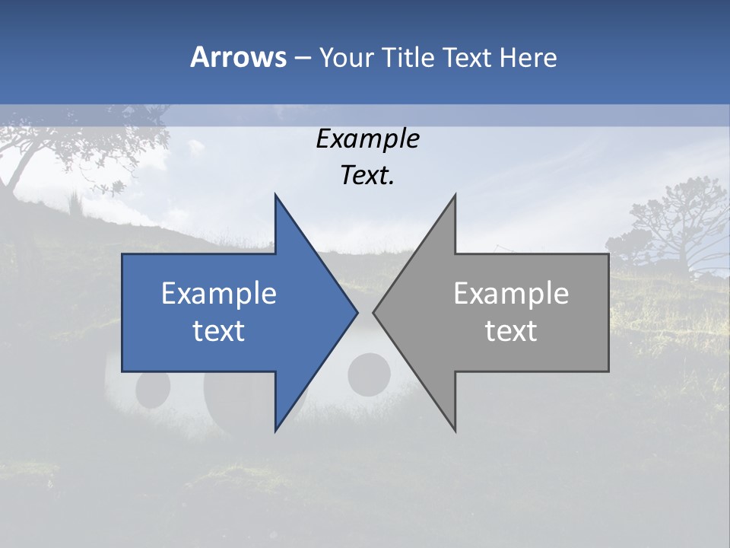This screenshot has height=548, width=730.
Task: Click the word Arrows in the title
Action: [x=238, y=57]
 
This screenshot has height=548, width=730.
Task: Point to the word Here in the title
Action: [x=528, y=58]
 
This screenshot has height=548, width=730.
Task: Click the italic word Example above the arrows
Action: [x=367, y=139]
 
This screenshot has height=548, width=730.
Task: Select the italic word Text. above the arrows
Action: [x=367, y=176]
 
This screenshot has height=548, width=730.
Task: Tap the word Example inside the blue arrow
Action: [x=219, y=293]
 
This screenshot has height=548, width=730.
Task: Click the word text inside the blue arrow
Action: [x=219, y=331]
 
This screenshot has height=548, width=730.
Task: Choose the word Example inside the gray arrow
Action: [x=511, y=293]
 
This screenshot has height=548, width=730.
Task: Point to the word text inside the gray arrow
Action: [x=511, y=331]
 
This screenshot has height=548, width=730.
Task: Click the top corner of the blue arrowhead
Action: [x=275, y=196]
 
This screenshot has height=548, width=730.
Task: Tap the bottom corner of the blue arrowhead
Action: [x=275, y=430]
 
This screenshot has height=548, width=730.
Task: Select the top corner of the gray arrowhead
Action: [x=455, y=196]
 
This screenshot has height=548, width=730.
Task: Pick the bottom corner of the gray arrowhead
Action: [x=455, y=430]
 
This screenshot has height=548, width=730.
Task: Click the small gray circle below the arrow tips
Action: [x=369, y=374]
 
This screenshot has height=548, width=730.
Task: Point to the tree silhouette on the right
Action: [x=669, y=225]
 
